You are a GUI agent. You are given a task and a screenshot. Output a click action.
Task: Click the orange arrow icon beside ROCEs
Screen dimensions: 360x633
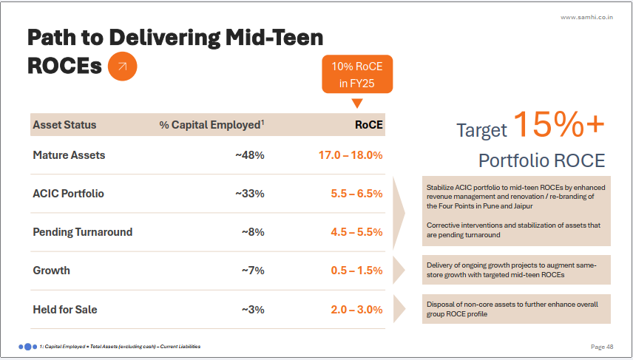pos(123,67)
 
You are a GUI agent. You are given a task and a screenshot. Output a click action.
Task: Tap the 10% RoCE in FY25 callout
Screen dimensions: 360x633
pos(357,75)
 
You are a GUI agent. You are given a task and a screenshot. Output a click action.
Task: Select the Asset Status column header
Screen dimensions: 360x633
pos(64,125)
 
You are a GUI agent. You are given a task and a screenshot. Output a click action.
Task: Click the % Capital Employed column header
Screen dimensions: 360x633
pos(211,125)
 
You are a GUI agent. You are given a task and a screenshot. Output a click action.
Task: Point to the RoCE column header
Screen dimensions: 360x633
pos(369,125)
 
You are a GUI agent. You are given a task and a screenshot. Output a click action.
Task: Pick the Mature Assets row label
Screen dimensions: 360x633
pos(69,155)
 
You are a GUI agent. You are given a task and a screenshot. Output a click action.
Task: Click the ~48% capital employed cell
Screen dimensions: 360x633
pos(249,155)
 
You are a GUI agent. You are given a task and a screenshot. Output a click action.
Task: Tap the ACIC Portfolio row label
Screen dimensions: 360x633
pos(68,194)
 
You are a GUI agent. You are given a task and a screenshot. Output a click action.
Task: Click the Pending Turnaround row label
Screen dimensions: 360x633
pos(83,232)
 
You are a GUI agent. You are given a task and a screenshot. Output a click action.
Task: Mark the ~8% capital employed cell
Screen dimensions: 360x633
pos(253,232)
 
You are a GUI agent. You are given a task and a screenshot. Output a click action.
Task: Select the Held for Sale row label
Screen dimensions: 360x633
pos(65,309)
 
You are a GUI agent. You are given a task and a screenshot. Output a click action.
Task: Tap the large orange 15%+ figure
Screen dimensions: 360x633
pos(558,123)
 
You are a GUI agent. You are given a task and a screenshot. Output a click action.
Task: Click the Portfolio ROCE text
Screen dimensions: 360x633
pos(541,160)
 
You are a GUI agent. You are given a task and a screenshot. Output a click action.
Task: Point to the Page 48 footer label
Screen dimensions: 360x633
pos(602,346)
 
